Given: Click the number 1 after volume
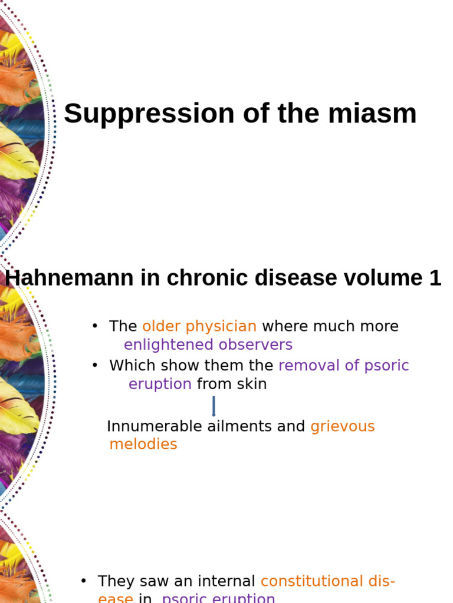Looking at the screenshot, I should [435, 279].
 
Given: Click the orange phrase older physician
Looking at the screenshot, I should [199, 326].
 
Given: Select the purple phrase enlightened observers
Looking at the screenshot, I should [208, 344].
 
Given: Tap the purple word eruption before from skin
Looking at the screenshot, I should [160, 385].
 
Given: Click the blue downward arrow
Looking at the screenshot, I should [214, 406].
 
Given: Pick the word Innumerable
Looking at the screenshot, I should [155, 426].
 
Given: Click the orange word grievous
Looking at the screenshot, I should [343, 426].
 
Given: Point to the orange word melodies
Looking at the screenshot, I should [143, 445].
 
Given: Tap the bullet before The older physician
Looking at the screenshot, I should [94, 327].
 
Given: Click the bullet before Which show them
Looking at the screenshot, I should [94, 366].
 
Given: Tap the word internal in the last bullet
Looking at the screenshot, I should [226, 581].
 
